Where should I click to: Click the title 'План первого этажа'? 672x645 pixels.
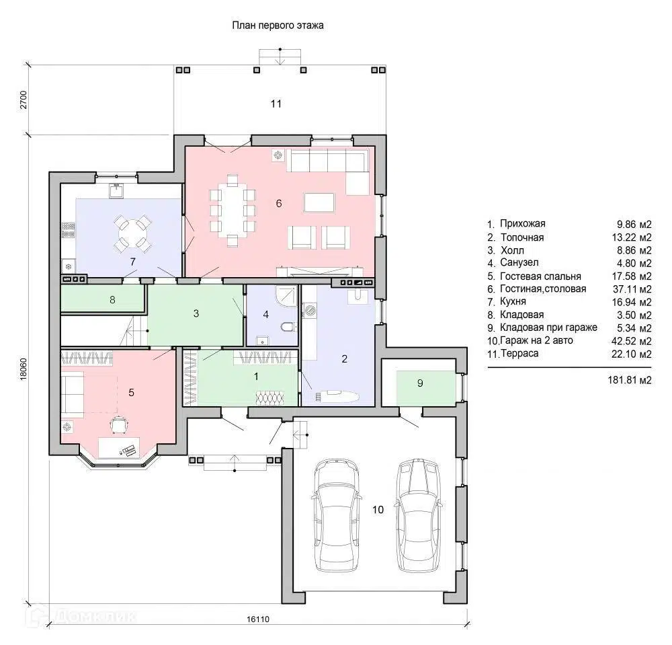tap(278, 26)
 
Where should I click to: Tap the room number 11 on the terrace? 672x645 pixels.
tap(276, 104)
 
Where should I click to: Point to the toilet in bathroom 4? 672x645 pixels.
tap(288, 328)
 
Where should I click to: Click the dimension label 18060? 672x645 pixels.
tap(23, 369)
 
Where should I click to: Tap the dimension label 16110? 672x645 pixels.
tap(258, 619)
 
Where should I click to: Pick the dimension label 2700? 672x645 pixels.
tap(23, 100)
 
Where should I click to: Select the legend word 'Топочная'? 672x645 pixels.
tap(522, 237)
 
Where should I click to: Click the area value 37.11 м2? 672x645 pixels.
tap(632, 289)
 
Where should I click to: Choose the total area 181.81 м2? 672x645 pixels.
tap(630, 380)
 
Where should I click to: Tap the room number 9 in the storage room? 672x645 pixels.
tap(420, 383)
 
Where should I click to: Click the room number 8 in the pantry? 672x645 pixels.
tap(112, 300)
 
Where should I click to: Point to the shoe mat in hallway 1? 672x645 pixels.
tap(270, 398)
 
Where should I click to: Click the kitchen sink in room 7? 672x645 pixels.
tap(116, 191)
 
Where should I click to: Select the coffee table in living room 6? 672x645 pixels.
tap(319, 203)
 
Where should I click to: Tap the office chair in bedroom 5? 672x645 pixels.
tap(119, 425)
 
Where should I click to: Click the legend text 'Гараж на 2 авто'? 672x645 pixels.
tap(536, 340)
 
